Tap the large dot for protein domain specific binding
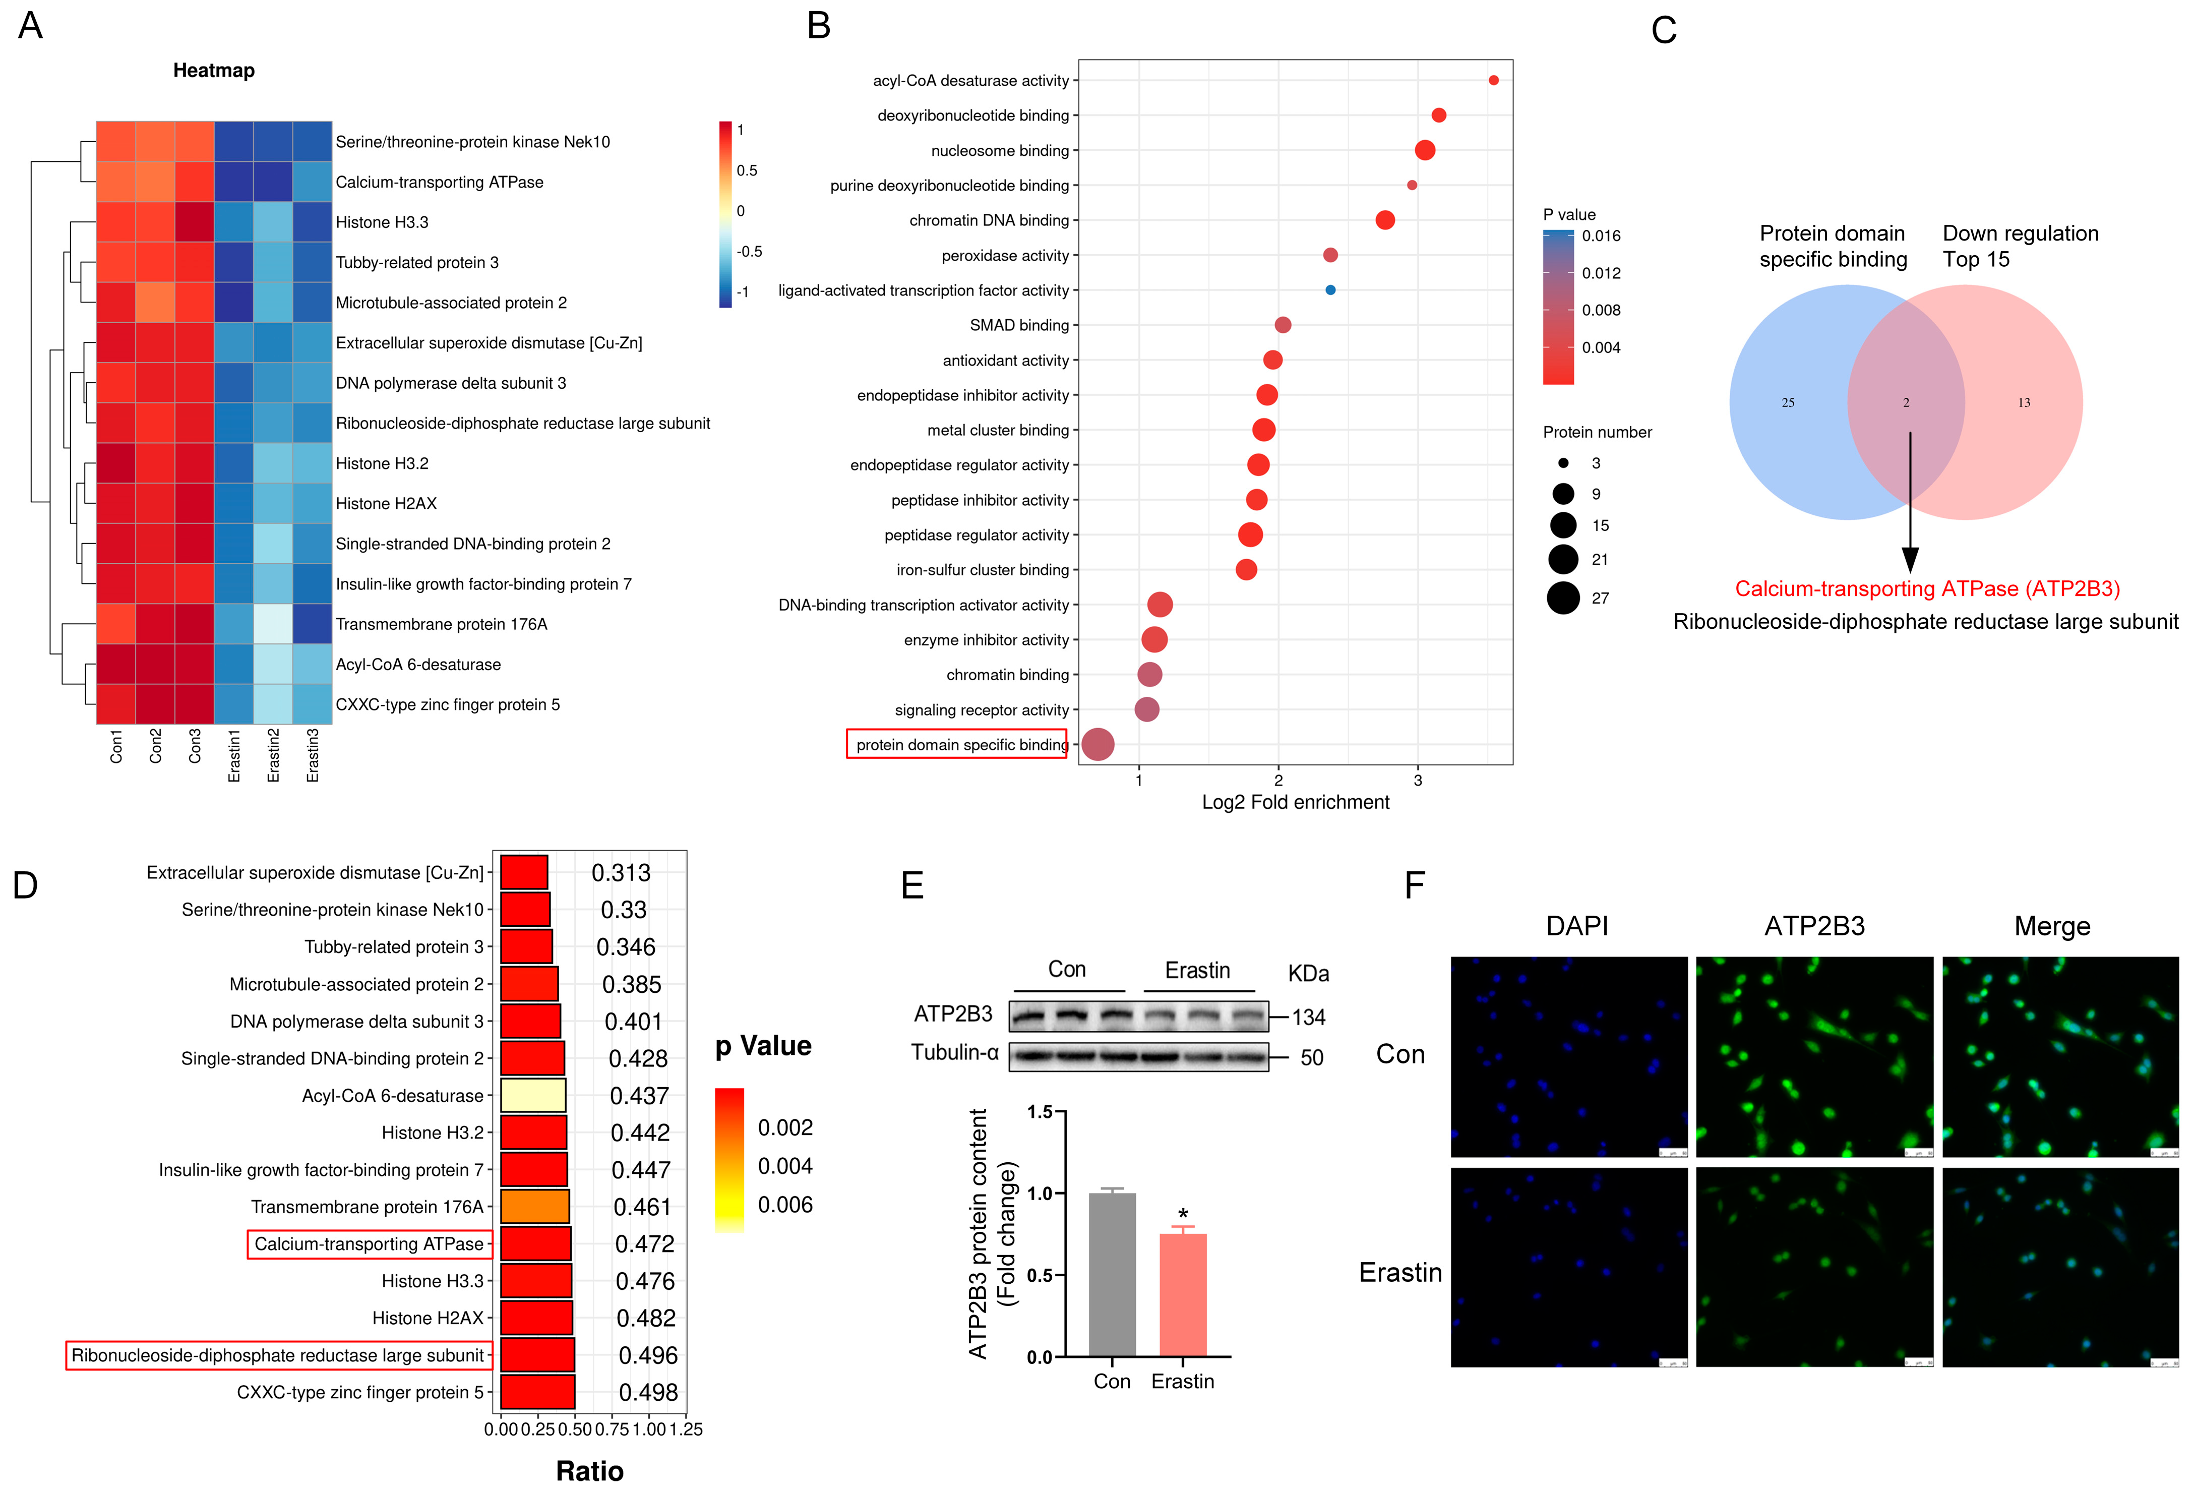click(1098, 744)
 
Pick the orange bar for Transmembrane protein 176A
click(534, 1207)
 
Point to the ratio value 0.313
click(621, 873)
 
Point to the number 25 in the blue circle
click(1787, 403)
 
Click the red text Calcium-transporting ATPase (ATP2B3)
click(1927, 589)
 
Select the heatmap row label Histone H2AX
click(386, 504)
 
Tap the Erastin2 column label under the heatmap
click(274, 755)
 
